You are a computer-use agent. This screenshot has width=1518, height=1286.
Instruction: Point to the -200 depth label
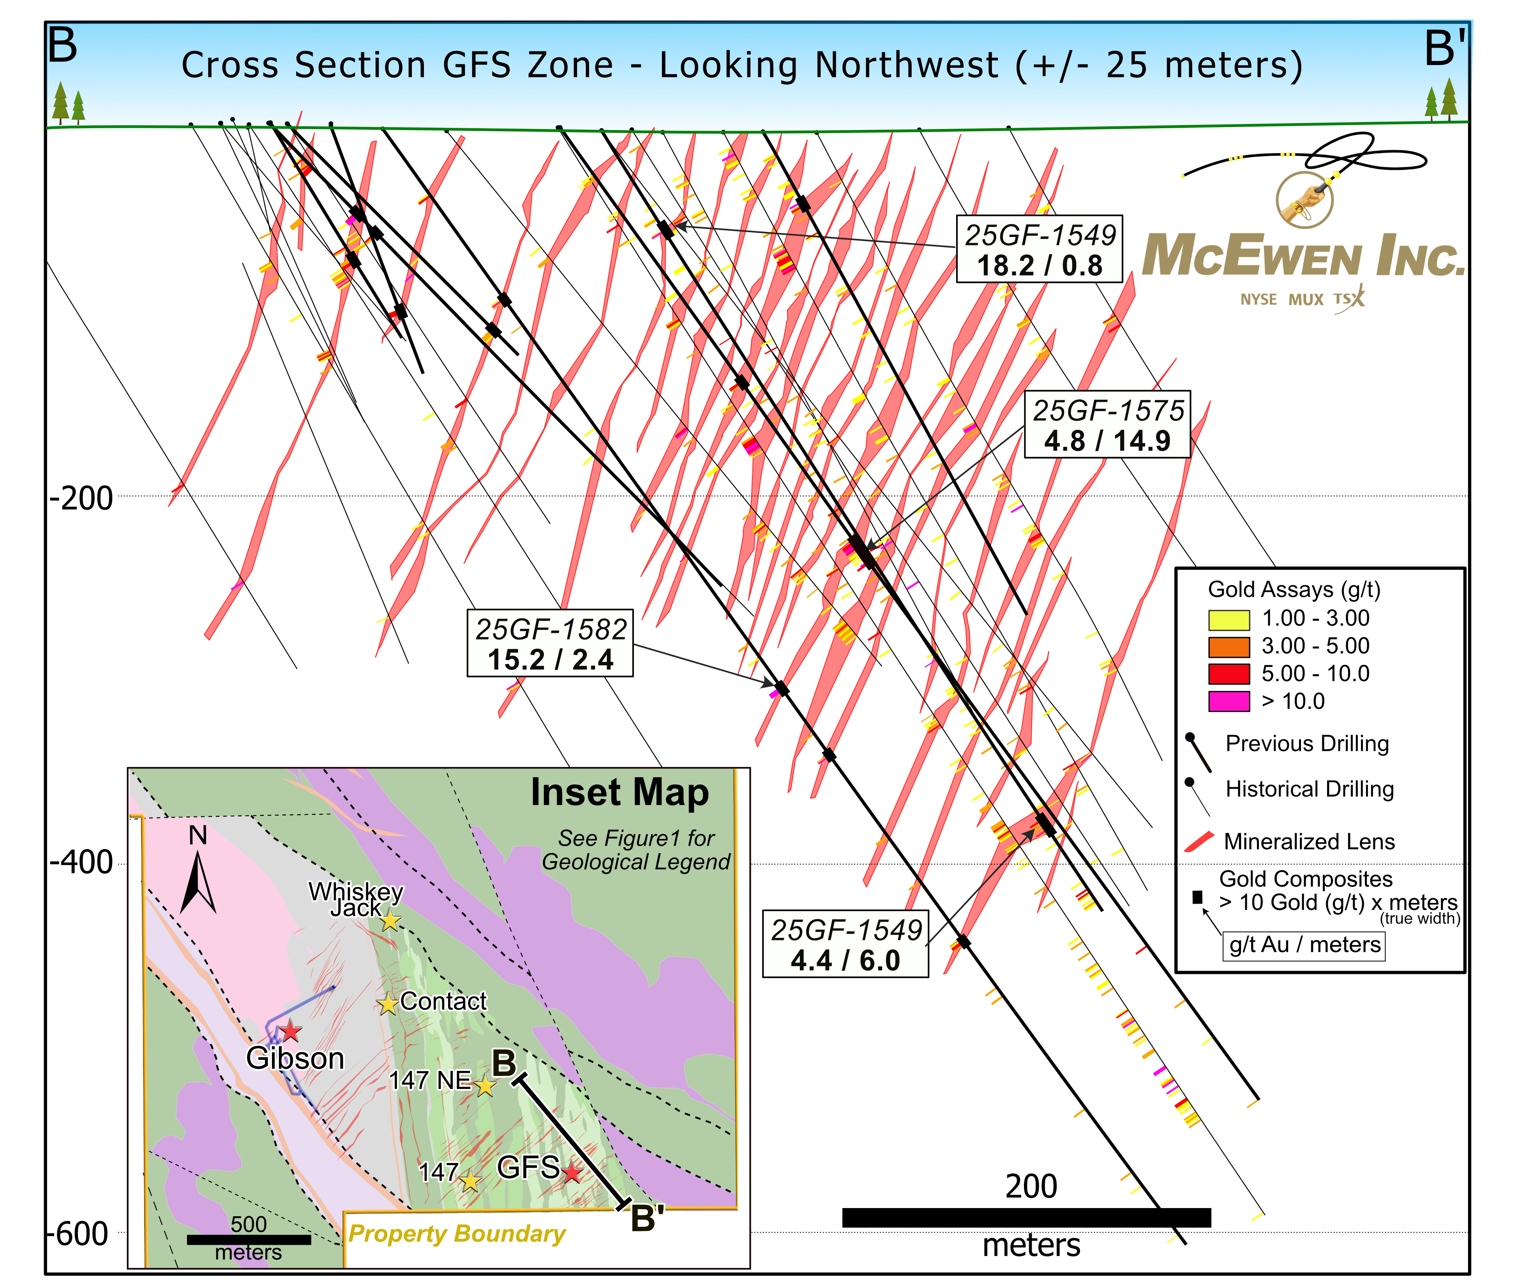81,499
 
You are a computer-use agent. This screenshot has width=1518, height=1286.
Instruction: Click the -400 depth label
81,862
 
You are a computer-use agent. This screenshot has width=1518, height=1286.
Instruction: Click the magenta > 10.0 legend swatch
1228,701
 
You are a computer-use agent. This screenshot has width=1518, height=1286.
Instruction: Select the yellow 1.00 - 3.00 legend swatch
1228,619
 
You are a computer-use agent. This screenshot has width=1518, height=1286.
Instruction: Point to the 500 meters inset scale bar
249,1239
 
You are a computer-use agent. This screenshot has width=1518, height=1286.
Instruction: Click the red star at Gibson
290,1031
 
